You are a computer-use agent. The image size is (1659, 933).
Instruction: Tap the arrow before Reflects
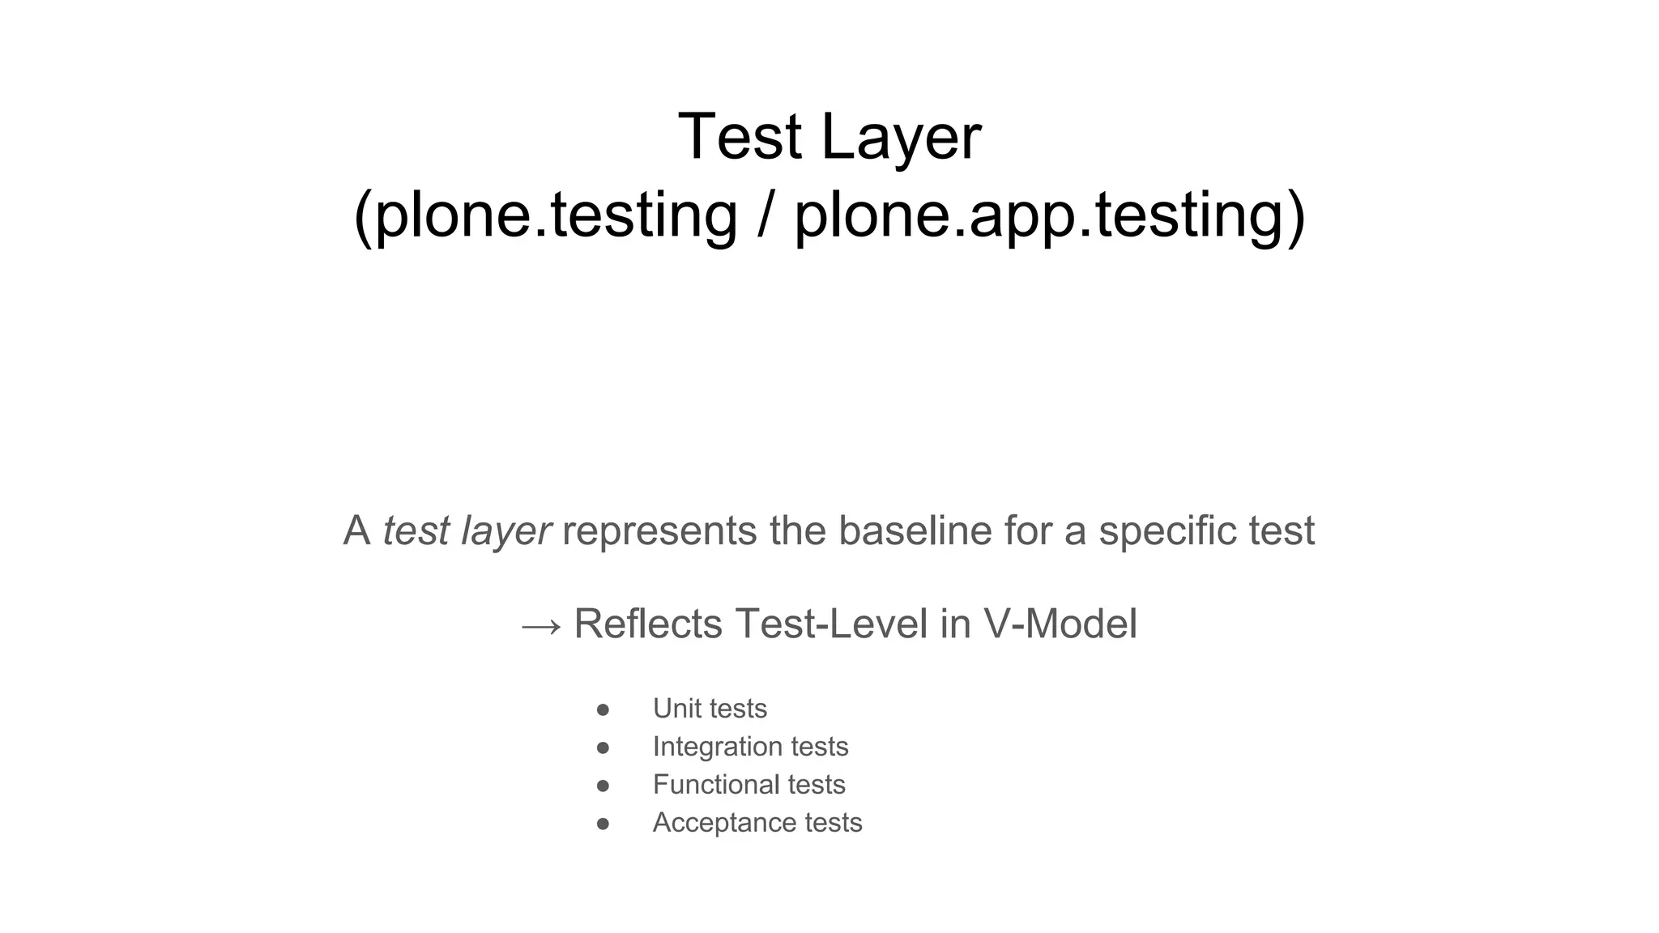tap(540, 626)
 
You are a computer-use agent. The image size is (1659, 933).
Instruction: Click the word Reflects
tap(648, 624)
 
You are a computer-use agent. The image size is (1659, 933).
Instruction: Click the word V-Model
tap(1060, 624)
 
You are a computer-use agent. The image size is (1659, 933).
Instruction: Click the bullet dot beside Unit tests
tap(603, 709)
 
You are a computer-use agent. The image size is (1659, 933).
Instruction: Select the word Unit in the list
tap(677, 709)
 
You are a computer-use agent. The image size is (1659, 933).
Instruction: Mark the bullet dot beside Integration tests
tap(603, 748)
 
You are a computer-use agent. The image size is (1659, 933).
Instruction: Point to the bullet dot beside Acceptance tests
tap(603, 824)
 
